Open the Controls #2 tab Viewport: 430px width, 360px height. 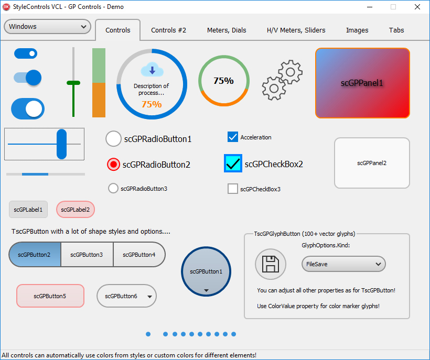click(168, 30)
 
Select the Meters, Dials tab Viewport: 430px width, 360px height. click(227, 30)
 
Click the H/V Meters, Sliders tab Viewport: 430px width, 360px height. click(296, 30)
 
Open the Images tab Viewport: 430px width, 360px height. click(357, 30)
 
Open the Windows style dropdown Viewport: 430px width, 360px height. click(47, 27)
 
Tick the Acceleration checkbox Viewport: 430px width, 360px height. click(232, 137)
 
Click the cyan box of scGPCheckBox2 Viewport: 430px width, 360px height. click(233, 163)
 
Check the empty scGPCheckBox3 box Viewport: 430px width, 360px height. click(232, 189)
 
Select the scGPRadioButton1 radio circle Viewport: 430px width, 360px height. click(113, 139)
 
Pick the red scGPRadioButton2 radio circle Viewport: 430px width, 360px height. click(113, 165)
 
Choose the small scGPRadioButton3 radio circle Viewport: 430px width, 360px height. click(113, 188)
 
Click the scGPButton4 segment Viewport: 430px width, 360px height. click(139, 255)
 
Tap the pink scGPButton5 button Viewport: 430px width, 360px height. click(50, 296)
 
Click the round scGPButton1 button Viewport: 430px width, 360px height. click(206, 271)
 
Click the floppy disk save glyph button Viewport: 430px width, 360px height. click(271, 264)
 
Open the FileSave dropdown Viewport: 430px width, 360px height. click(343, 264)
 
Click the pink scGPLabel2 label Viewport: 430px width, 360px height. click(76, 210)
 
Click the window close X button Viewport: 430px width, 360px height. click(417, 7)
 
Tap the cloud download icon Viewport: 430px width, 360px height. click(152, 70)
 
